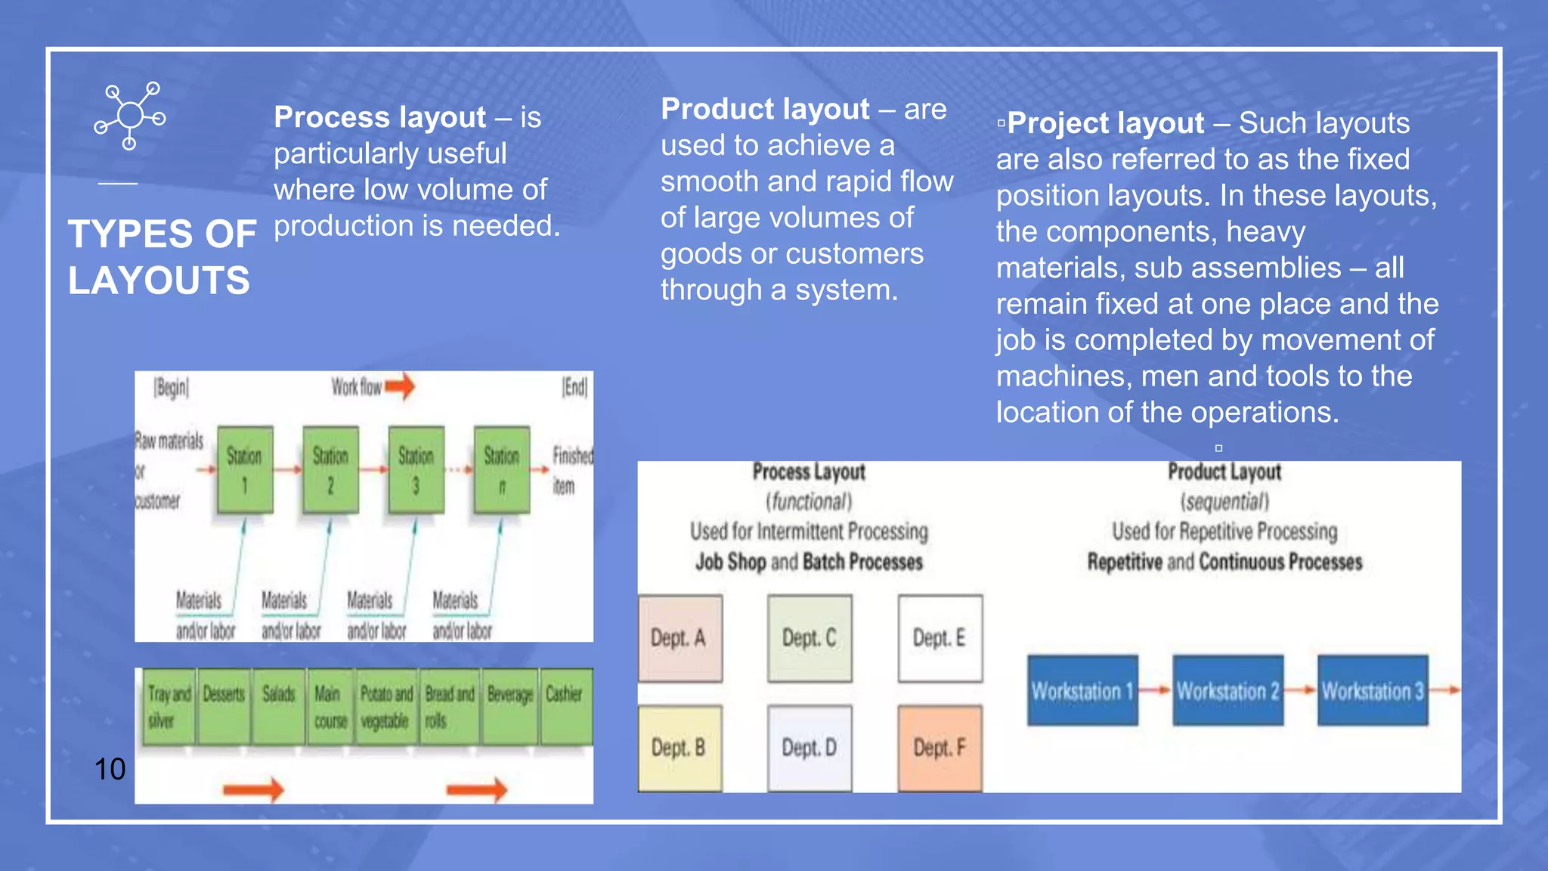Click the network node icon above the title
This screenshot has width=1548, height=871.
click(x=130, y=116)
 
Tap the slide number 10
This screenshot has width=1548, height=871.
click(x=110, y=769)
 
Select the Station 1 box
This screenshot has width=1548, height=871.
click(x=245, y=470)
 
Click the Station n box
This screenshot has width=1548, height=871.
click(x=502, y=470)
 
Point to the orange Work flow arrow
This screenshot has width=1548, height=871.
click(x=400, y=386)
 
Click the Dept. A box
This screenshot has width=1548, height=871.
click(x=680, y=638)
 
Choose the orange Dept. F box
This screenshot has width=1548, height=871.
click(x=940, y=748)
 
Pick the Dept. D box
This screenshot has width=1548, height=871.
click(x=810, y=748)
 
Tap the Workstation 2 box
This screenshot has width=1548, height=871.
click(x=1228, y=690)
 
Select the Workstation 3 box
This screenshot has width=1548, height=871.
click(x=1373, y=690)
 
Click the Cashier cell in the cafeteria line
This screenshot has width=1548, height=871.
click(x=564, y=705)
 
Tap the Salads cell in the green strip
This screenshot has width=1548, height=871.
click(x=279, y=705)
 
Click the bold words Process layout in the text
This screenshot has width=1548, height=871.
click(x=379, y=117)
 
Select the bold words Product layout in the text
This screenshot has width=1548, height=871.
click(x=765, y=109)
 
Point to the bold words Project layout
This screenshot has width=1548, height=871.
click(x=1105, y=122)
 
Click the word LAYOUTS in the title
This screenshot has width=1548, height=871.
click(x=159, y=281)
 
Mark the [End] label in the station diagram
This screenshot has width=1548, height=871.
click(x=574, y=387)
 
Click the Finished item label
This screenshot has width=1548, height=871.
click(x=572, y=470)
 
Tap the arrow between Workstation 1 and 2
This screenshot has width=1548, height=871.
click(x=1155, y=690)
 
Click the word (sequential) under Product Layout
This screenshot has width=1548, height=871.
click(x=1224, y=501)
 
